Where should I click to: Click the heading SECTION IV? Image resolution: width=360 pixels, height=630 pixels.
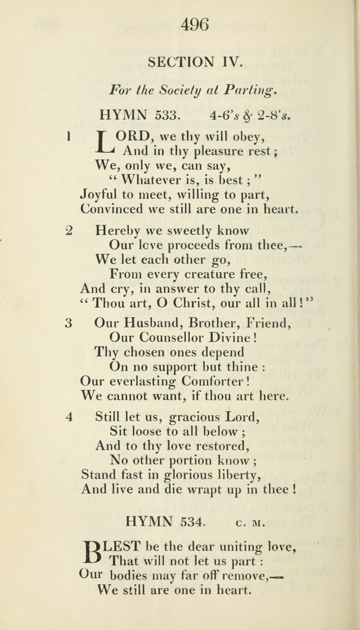[196, 62]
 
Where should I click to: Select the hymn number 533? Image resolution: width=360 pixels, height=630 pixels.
[166, 115]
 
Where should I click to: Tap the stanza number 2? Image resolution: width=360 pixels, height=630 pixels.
[69, 231]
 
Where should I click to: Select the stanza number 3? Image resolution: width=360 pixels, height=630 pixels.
[69, 323]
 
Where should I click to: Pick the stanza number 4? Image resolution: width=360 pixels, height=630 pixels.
[69, 417]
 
